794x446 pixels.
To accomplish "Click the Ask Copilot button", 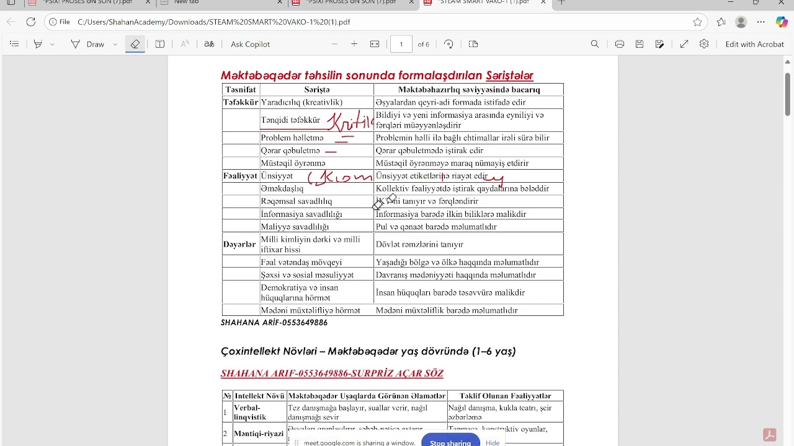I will coord(250,44).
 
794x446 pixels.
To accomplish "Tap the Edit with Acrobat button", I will coord(754,44).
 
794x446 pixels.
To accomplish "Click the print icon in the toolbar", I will coord(619,44).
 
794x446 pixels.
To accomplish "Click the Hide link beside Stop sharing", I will coord(493,442).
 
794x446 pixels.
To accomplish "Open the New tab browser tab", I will coord(186,2).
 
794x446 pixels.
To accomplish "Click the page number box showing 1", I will coord(401,44).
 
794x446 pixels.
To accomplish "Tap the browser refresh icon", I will coord(31,22).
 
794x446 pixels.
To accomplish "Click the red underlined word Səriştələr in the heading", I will coord(509,76).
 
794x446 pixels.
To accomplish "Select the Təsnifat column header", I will coord(240,90).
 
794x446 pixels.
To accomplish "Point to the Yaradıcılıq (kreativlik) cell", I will coord(301,102).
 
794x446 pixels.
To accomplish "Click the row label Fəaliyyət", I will coord(240,176).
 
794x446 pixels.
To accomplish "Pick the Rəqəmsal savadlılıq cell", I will coord(297,201).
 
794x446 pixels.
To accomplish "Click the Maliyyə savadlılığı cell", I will coord(295,227).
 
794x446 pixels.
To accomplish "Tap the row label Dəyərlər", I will coord(239,245).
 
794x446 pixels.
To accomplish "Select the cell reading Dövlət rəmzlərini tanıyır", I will coord(419,245).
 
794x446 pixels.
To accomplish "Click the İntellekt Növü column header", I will coord(259,396).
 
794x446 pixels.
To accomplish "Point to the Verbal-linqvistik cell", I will coord(250,413).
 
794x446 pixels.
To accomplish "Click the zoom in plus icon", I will coord(354,44).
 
